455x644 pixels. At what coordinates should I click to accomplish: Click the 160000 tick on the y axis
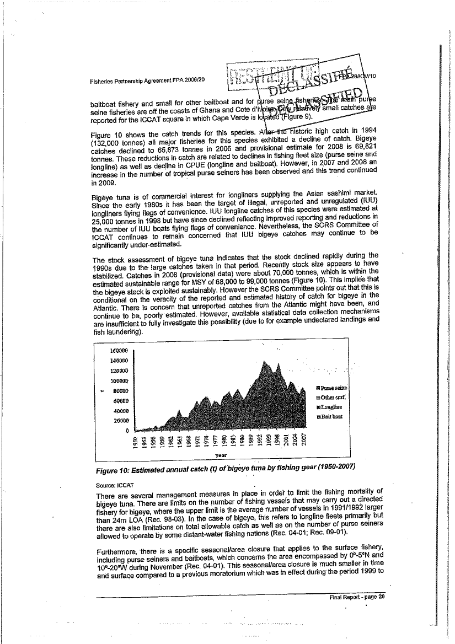click(x=120, y=350)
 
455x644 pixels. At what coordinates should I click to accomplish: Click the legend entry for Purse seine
click(x=330, y=387)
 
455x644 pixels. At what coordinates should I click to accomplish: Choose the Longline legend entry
click(x=329, y=407)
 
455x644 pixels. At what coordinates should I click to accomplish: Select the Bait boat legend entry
click(x=329, y=417)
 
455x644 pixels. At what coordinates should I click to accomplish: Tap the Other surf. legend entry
click(x=330, y=397)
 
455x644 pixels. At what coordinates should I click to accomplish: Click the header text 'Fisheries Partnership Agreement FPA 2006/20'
click(x=147, y=80)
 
